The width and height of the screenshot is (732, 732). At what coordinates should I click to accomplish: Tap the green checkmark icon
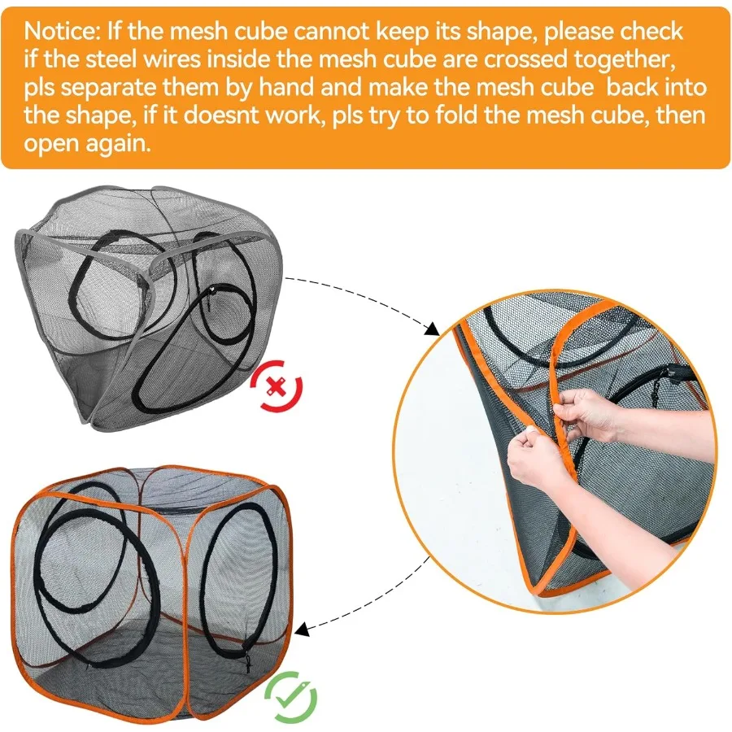click(x=290, y=695)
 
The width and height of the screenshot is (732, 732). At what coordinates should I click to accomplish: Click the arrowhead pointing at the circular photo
click(x=432, y=329)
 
